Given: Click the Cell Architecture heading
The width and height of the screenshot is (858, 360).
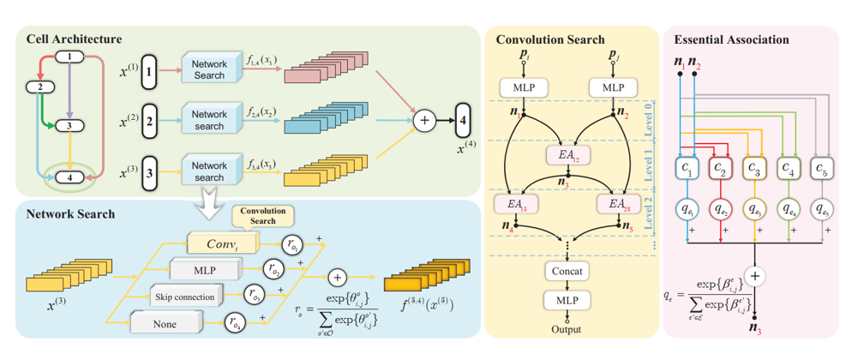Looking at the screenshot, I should pos(73,39).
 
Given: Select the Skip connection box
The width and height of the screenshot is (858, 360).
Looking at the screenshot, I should pos(187,297).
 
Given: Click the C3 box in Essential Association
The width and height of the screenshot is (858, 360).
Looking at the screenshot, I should pos(754,169).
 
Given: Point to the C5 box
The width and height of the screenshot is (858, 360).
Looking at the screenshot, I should pos(820,169).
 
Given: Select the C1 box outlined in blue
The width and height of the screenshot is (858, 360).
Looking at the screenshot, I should pos(689,169).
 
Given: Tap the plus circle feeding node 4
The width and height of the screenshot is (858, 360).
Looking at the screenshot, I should pos(424,121).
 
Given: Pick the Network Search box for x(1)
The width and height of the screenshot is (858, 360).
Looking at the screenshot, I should pos(208,69).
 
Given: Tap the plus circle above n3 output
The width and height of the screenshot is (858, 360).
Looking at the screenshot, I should pos(755,276).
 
